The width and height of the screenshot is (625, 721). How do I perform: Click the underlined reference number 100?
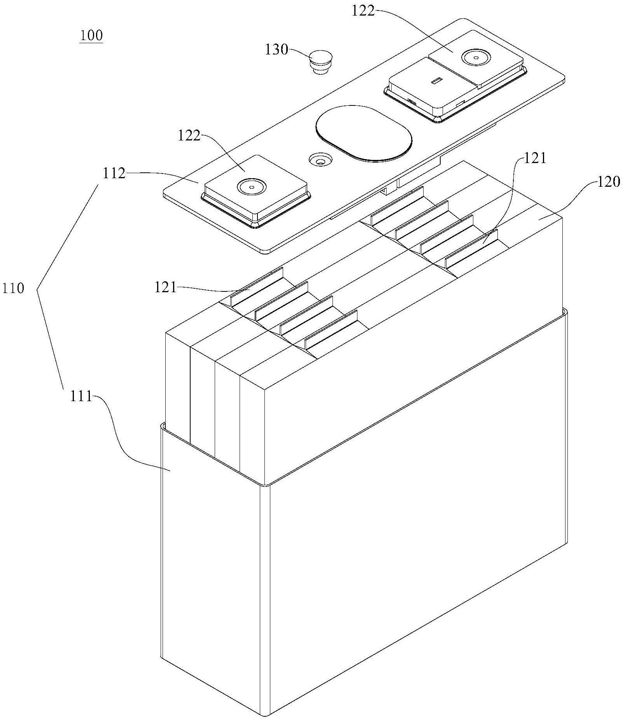(91, 36)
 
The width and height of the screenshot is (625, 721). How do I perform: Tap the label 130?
(277, 50)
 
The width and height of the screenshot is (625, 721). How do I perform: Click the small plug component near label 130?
(321, 61)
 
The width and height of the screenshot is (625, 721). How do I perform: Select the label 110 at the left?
(13, 288)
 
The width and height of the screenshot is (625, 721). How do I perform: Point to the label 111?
(81, 396)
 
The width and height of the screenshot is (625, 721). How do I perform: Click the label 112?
(114, 174)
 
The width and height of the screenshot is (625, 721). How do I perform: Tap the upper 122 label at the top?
(363, 11)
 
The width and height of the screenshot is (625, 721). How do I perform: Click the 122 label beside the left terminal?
(189, 136)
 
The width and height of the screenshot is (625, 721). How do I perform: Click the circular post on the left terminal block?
(251, 187)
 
